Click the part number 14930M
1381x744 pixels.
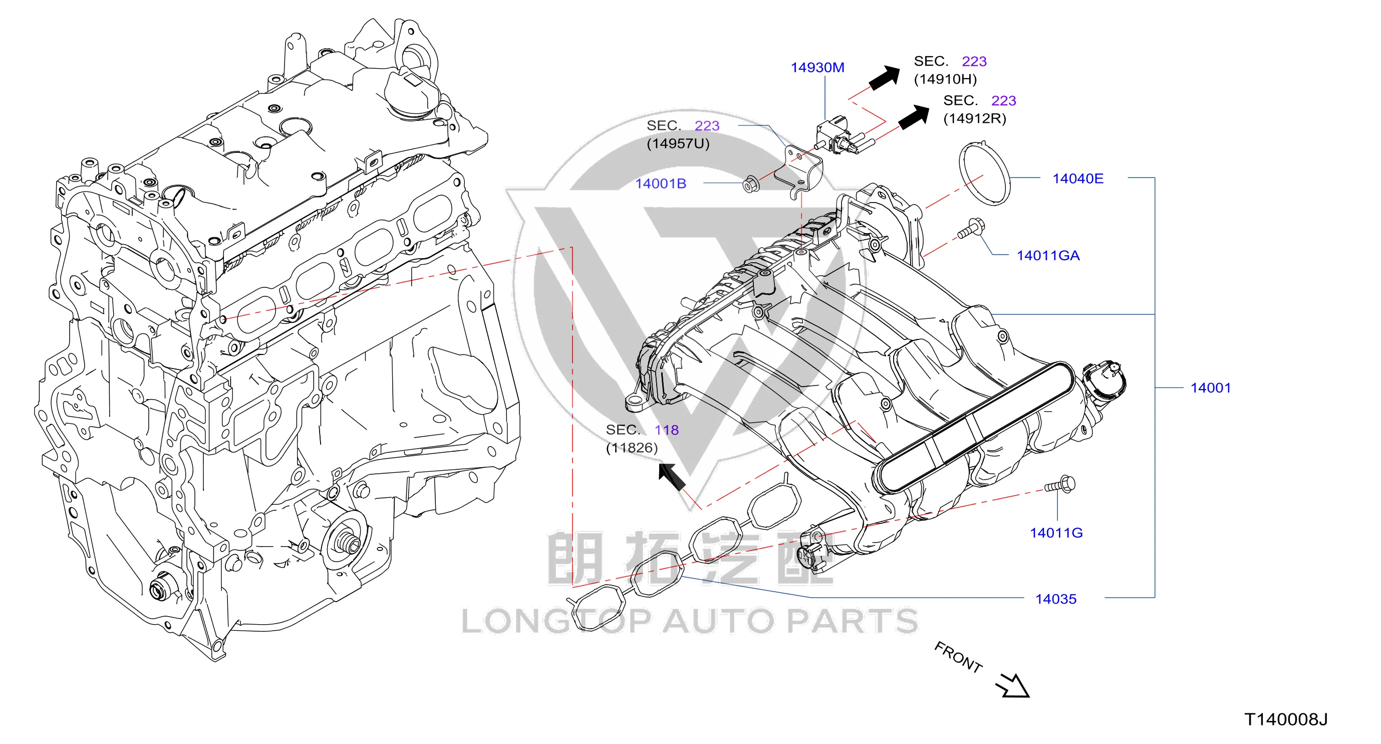coord(817,68)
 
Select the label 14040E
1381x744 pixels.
coord(1078,178)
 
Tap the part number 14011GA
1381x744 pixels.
coord(1048,255)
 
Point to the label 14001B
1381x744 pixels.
coord(661,183)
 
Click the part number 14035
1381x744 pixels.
coord(1055,599)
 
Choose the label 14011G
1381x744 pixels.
coord(1056,532)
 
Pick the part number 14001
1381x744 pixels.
coord(1211,388)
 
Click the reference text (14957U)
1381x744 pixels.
coord(678,144)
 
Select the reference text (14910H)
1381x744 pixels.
coord(945,79)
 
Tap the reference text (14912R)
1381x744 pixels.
coord(975,118)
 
